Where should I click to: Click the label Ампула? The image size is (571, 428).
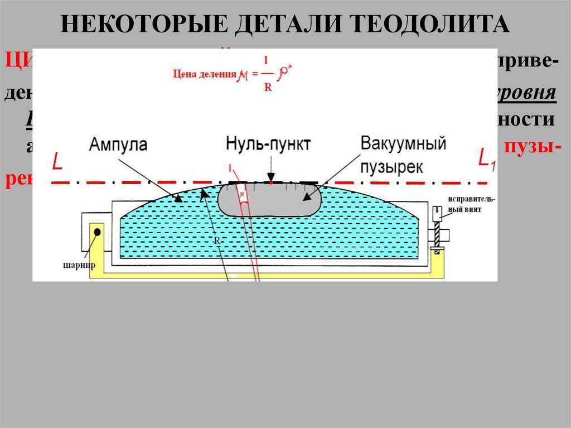117,145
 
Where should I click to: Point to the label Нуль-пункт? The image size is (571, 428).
268,143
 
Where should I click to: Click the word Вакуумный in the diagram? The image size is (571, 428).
403,143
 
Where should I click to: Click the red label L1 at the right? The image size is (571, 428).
486,160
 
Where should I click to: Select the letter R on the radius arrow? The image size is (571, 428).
215,240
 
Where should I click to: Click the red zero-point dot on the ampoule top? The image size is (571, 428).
270,182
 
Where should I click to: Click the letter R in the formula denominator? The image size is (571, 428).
268,88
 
